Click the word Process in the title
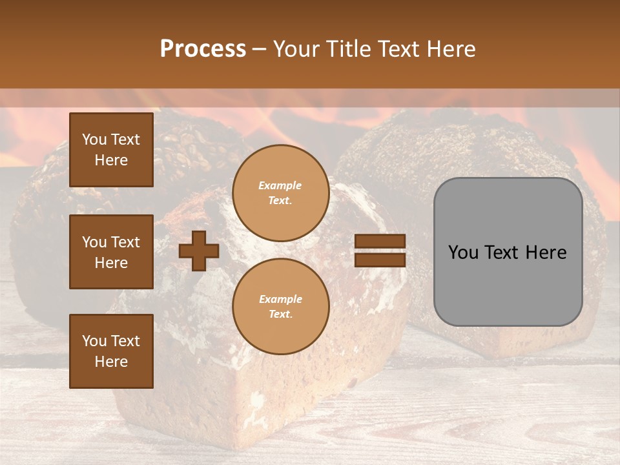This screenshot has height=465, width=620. click(x=203, y=49)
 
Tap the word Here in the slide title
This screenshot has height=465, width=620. click(x=449, y=49)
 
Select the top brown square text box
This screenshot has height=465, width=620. click(x=111, y=150)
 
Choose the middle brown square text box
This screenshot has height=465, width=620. click(x=111, y=252)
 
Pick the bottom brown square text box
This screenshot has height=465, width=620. click(x=111, y=351)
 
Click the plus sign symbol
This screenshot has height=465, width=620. click(x=199, y=251)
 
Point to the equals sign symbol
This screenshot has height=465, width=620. click(x=380, y=251)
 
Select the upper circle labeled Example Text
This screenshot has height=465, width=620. click(x=280, y=193)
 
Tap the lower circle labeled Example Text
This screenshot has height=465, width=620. click(x=280, y=307)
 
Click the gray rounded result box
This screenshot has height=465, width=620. click(x=508, y=252)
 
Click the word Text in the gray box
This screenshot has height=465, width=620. click(x=503, y=253)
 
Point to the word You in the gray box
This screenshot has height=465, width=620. click(x=463, y=253)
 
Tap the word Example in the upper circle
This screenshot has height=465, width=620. click(x=280, y=186)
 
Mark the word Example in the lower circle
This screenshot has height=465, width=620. click(x=280, y=300)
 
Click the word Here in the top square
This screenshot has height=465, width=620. click(x=111, y=160)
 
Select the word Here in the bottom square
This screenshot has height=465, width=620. click(x=111, y=362)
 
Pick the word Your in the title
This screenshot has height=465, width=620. click(x=296, y=49)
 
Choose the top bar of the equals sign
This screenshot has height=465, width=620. click(x=380, y=241)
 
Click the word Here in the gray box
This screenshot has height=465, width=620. click(x=546, y=253)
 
